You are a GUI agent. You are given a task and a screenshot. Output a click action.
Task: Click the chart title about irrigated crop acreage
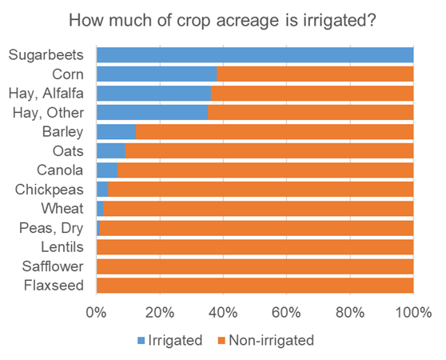[x=223, y=19]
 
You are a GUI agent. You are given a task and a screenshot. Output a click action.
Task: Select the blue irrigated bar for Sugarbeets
[x=254, y=55]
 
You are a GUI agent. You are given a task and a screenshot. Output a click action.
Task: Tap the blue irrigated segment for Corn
[x=157, y=74]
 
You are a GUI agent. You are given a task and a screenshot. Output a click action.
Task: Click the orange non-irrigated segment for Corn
[x=315, y=74]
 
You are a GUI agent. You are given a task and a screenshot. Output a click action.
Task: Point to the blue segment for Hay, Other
[x=152, y=113]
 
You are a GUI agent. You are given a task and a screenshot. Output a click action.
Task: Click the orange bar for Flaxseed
[x=254, y=286]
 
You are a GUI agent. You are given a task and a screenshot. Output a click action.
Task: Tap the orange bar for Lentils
[x=254, y=247]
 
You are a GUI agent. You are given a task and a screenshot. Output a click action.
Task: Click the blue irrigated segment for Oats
[x=111, y=151]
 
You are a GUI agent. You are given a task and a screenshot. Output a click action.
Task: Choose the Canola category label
[x=61, y=170]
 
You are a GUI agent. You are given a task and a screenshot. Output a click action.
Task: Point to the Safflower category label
[x=53, y=266]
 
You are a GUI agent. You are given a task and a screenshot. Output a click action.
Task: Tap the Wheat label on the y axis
[x=64, y=209]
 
